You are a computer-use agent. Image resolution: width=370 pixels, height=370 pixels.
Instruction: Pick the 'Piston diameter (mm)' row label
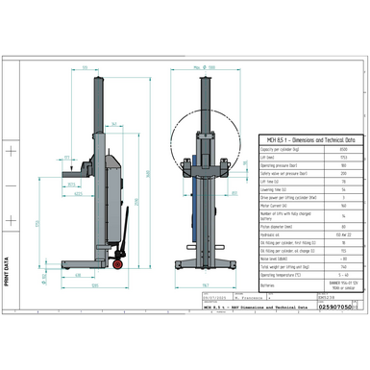pos(279,226)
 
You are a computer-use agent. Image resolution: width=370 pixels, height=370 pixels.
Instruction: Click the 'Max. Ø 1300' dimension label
pos(204,68)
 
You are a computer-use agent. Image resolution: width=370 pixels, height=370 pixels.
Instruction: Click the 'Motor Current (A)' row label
pos(278,205)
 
